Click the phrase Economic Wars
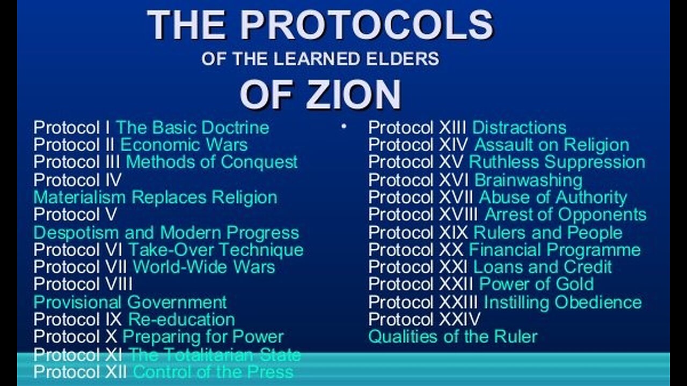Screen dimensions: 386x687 click(x=184, y=145)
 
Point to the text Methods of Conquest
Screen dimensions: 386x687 click(x=211, y=162)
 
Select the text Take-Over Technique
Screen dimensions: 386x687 click(x=215, y=250)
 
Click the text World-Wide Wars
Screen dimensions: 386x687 click(x=204, y=267)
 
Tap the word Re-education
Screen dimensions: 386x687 click(x=181, y=319)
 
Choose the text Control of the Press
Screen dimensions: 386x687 click(x=213, y=372)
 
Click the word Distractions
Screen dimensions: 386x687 click(x=519, y=128)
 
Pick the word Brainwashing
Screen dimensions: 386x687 click(x=528, y=180)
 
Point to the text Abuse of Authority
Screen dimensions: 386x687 click(x=553, y=197)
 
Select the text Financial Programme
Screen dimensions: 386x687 click(x=554, y=250)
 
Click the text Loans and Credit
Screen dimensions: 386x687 click(x=542, y=267)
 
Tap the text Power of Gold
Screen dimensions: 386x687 click(x=536, y=284)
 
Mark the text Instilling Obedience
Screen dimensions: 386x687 click(x=562, y=302)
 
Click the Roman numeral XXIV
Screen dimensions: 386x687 click(x=460, y=319)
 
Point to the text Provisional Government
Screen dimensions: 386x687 click(x=130, y=302)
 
